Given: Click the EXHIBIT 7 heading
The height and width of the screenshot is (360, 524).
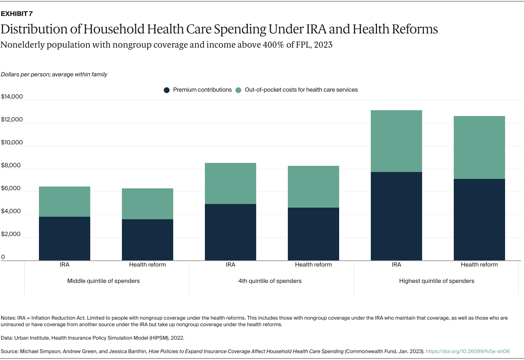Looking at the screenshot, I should point(17,14).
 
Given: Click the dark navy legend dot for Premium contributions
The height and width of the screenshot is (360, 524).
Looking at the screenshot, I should point(167,90).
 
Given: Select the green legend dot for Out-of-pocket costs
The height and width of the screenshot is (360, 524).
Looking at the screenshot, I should point(238,90).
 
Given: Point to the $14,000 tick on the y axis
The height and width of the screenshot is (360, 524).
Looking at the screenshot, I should point(12,97).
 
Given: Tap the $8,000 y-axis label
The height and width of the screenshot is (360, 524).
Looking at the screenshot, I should point(11,165).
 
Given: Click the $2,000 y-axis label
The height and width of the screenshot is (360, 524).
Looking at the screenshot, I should point(11,234).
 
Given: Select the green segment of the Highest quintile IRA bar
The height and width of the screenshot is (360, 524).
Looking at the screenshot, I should point(396,141).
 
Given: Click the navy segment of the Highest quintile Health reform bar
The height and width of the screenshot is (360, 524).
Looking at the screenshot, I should point(479,220).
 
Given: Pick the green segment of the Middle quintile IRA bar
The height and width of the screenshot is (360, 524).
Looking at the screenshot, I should point(64,202).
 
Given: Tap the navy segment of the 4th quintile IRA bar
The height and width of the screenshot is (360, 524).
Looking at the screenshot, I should point(230,232).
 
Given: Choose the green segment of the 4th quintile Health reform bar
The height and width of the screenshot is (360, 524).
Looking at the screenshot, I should point(313,187).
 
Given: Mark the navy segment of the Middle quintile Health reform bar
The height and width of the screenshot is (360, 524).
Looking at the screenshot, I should point(147,240).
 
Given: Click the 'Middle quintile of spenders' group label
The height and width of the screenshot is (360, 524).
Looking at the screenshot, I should point(103,281).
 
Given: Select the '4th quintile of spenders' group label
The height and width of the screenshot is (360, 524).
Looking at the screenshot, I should point(270,281).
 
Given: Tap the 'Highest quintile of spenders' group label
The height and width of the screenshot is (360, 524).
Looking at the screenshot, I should point(436,281).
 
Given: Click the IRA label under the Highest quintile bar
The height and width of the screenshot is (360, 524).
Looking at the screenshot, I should point(396,265).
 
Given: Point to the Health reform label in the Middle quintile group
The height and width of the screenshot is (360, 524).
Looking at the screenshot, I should point(147,265).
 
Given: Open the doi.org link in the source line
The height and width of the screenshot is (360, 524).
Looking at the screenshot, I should point(468,352).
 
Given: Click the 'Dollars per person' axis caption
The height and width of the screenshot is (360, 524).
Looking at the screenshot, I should point(54,75).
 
